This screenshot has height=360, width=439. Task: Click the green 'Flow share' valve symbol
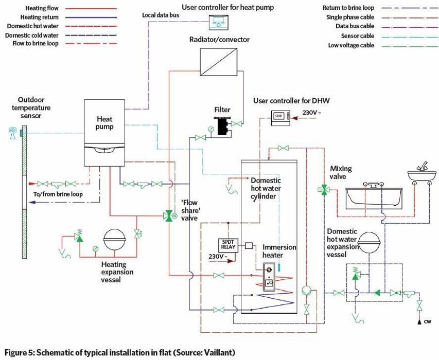(x=169, y=216)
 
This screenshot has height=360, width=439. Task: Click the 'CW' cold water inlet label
(x=427, y=322)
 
